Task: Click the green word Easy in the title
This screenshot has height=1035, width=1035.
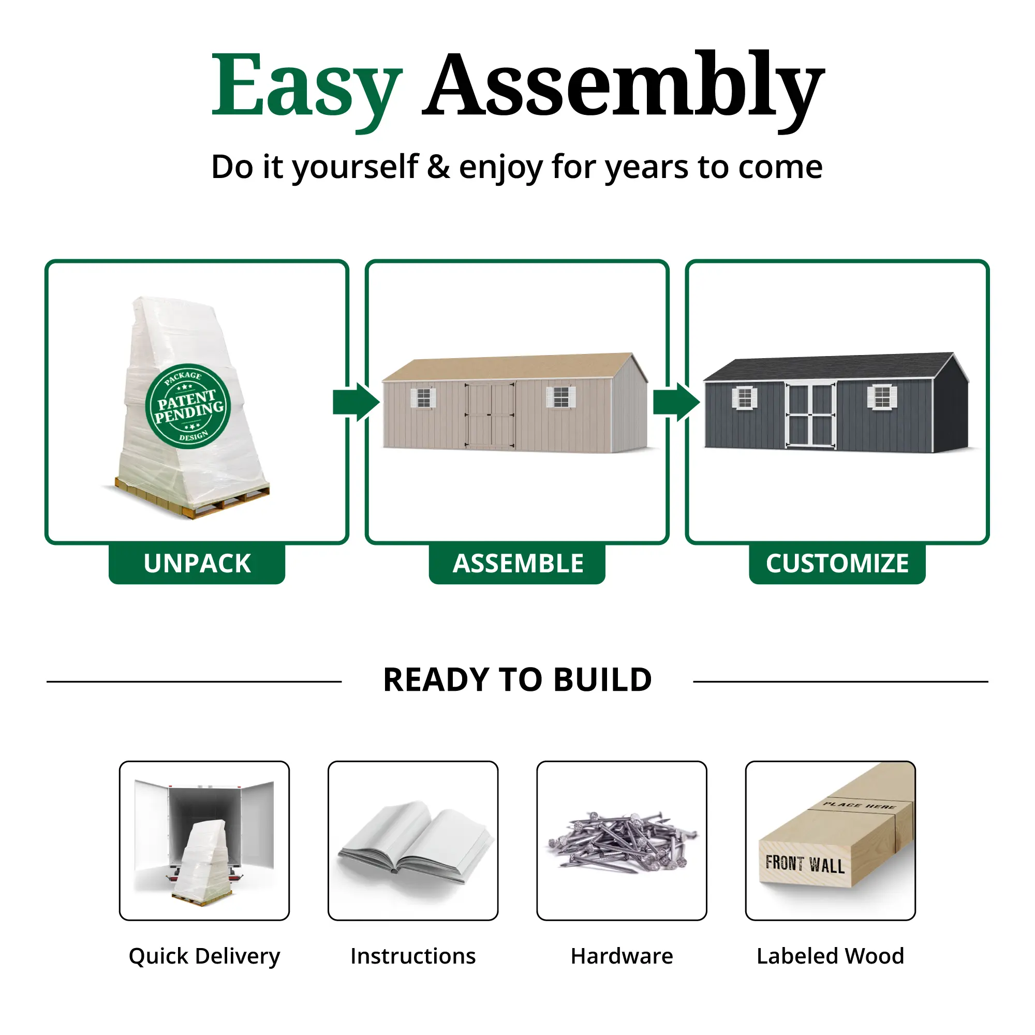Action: point(306,88)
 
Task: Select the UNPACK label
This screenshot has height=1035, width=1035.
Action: point(197,564)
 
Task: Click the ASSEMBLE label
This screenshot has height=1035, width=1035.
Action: point(517,564)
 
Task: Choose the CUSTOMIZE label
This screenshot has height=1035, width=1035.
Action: point(837,564)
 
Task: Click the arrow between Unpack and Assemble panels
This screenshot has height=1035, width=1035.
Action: point(356,402)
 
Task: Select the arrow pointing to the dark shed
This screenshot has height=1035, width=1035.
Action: point(676,402)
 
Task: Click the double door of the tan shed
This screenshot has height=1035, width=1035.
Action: point(490,415)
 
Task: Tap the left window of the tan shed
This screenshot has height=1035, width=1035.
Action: point(423,397)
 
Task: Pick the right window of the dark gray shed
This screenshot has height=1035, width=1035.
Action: point(882,397)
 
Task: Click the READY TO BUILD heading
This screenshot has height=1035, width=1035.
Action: point(517,680)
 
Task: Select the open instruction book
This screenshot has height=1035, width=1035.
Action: point(413,842)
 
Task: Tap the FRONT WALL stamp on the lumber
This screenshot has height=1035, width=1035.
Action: point(805,864)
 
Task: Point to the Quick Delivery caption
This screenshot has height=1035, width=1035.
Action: point(204,957)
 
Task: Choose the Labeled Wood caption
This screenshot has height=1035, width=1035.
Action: point(831,956)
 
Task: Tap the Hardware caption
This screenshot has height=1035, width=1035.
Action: point(622,956)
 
